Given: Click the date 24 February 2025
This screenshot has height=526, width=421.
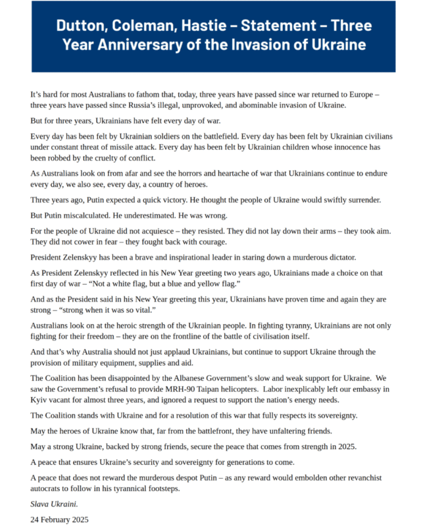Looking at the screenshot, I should [59, 519].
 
